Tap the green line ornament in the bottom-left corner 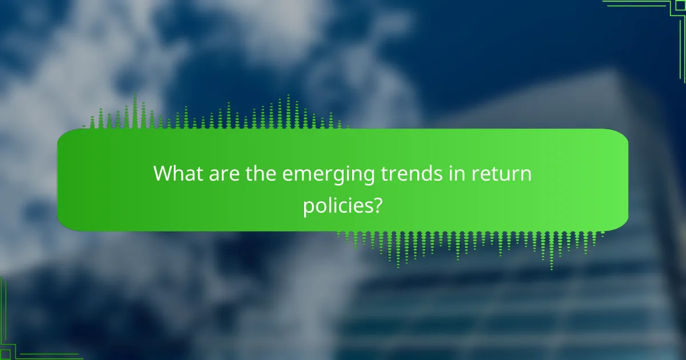click(23, 337)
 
